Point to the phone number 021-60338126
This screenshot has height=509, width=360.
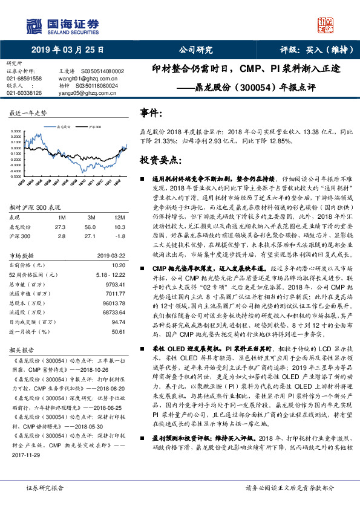(24, 94)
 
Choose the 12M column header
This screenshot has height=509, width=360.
(119, 216)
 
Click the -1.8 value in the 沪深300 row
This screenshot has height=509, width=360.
(120, 236)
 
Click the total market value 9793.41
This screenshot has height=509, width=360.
(114, 284)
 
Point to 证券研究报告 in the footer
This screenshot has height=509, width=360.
(46, 504)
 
